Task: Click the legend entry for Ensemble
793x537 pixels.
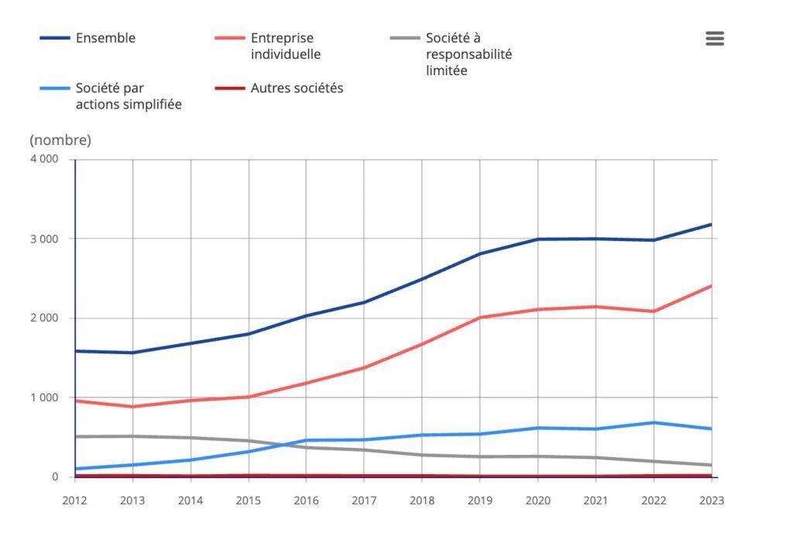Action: click(x=105, y=38)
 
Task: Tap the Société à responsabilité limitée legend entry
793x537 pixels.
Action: click(x=469, y=54)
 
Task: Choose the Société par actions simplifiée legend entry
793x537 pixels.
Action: click(x=129, y=96)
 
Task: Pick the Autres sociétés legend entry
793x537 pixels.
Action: click(x=297, y=88)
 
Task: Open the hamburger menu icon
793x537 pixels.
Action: click(x=715, y=39)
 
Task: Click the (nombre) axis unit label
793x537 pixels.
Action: click(x=60, y=140)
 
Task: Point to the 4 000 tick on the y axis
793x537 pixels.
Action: click(x=44, y=160)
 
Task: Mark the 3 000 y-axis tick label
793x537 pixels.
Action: click(x=44, y=239)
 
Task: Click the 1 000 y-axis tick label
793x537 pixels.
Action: click(x=44, y=398)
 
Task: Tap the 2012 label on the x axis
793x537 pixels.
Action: click(x=75, y=501)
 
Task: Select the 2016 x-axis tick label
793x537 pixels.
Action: click(x=307, y=501)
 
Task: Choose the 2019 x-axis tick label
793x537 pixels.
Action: click(x=480, y=501)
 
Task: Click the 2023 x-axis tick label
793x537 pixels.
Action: click(x=710, y=501)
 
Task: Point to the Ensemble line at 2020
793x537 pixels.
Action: click(x=538, y=239)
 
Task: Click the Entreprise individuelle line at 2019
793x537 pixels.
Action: click(x=480, y=318)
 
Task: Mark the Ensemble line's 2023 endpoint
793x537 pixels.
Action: click(x=711, y=225)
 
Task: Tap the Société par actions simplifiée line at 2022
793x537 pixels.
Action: click(x=654, y=422)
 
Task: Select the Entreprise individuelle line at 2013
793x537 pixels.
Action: click(x=133, y=407)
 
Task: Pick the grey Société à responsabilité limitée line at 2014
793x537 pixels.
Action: click(x=191, y=438)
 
